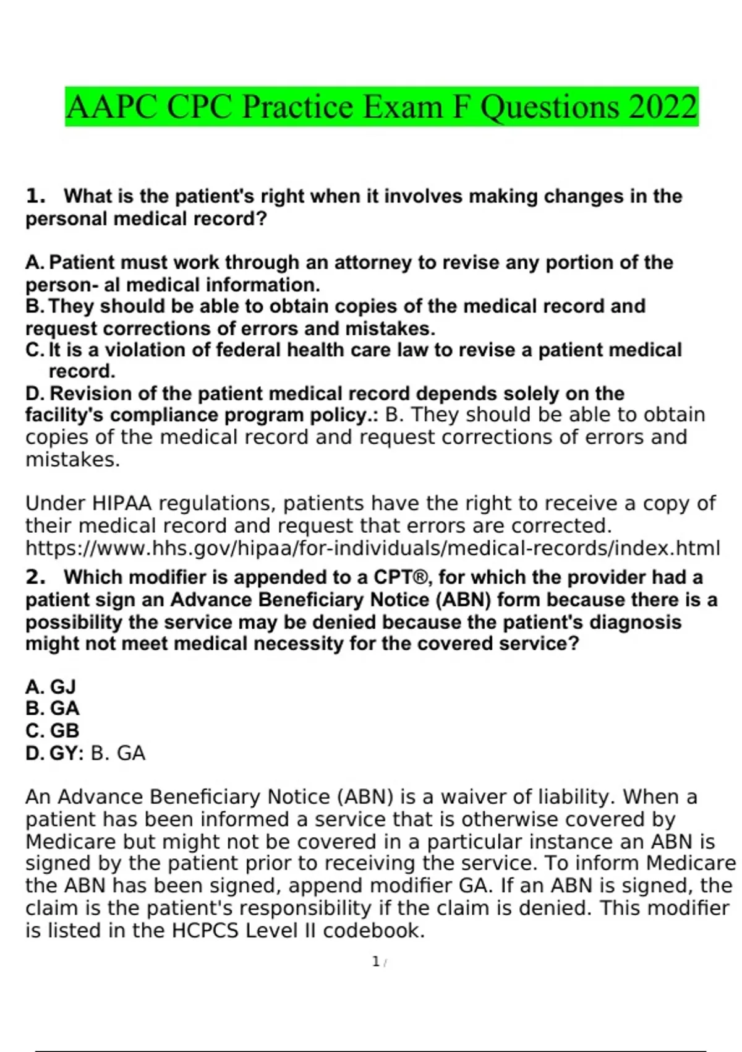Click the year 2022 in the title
(663, 106)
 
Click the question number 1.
(35, 196)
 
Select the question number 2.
(35, 577)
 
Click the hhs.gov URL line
(372, 548)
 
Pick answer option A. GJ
(50, 687)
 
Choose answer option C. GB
(52, 731)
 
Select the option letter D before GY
(34, 753)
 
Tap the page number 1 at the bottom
(375, 962)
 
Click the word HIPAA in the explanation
(121, 503)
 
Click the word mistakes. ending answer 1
(72, 460)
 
